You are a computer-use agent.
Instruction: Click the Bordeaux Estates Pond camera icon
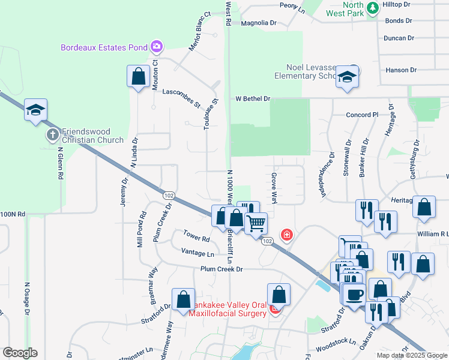tap(157, 46)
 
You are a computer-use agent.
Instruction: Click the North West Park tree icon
tap(373, 7)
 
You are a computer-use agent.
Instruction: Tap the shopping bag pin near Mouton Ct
tap(139, 77)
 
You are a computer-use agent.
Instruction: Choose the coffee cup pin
tap(355, 295)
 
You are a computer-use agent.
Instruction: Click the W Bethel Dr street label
tap(253, 98)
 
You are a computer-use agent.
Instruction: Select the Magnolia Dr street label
tap(258, 23)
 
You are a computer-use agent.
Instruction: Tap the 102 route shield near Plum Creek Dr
tap(169, 194)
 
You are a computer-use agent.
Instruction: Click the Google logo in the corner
tap(20, 353)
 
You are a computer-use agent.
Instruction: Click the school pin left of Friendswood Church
tap(35, 110)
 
